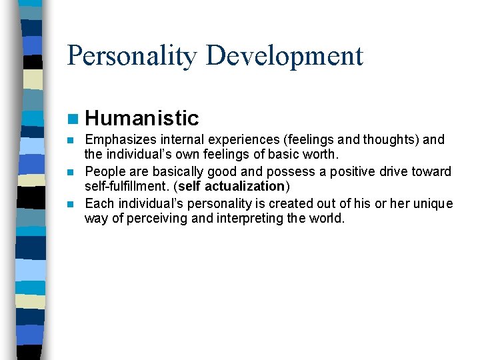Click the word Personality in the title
coord(133,56)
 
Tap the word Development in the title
coord(285,56)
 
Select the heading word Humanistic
coord(142,119)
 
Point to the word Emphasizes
coord(119,140)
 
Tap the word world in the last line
coord(326,219)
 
